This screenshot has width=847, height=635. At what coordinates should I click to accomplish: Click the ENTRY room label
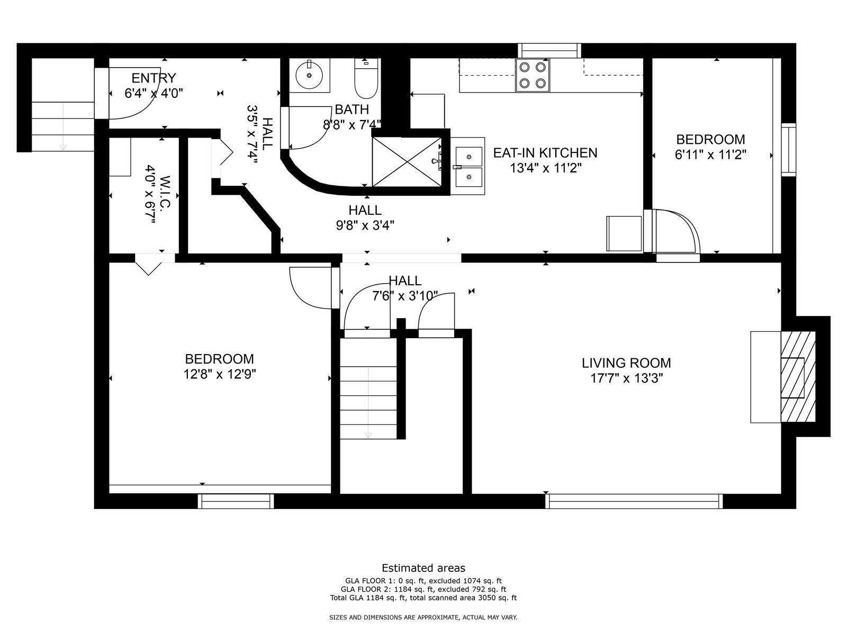coord(154,78)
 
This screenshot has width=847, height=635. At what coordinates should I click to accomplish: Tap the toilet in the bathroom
coord(366,78)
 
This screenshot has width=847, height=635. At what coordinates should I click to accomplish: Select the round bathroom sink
coord(309,75)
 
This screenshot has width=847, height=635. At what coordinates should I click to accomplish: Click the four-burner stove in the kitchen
coord(533,75)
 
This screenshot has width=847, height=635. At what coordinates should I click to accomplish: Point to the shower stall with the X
coord(407,162)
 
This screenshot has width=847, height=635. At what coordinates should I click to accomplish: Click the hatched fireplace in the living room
coord(798,377)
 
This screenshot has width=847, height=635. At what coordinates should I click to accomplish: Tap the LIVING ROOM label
coord(626,363)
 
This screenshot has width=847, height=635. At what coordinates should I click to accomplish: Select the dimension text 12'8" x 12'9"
coord(220,374)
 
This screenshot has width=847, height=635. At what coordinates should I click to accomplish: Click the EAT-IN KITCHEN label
coord(545,153)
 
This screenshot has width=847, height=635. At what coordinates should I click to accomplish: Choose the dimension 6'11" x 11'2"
coord(710,155)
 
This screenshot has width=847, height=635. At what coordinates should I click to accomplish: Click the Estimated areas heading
coord(424,567)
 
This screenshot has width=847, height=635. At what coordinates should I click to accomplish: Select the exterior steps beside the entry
coord(62,126)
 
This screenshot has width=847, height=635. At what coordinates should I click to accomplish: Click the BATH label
coord(352,110)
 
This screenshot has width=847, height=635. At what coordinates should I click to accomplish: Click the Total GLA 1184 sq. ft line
coord(424,597)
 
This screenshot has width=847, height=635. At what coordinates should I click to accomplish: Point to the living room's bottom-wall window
coord(634,501)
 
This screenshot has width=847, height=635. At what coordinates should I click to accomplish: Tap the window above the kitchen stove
coord(549,50)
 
